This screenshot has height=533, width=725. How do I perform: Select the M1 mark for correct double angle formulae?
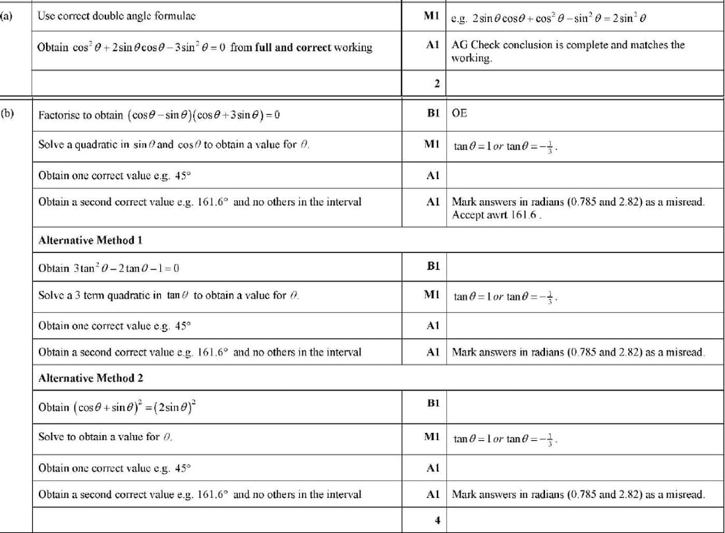tap(432, 15)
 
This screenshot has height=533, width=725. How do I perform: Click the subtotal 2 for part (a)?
tap(436, 83)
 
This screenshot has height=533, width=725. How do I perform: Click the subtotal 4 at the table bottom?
tap(436, 520)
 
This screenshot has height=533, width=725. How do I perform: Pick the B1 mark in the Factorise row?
tap(433, 113)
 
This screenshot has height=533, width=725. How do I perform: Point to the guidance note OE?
tap(459, 113)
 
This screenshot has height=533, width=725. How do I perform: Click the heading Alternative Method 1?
tap(90, 240)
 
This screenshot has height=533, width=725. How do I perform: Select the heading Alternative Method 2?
tap(90, 378)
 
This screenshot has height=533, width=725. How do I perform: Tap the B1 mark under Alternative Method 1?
tap(433, 266)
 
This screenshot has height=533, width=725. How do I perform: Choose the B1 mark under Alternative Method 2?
tap(433, 403)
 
